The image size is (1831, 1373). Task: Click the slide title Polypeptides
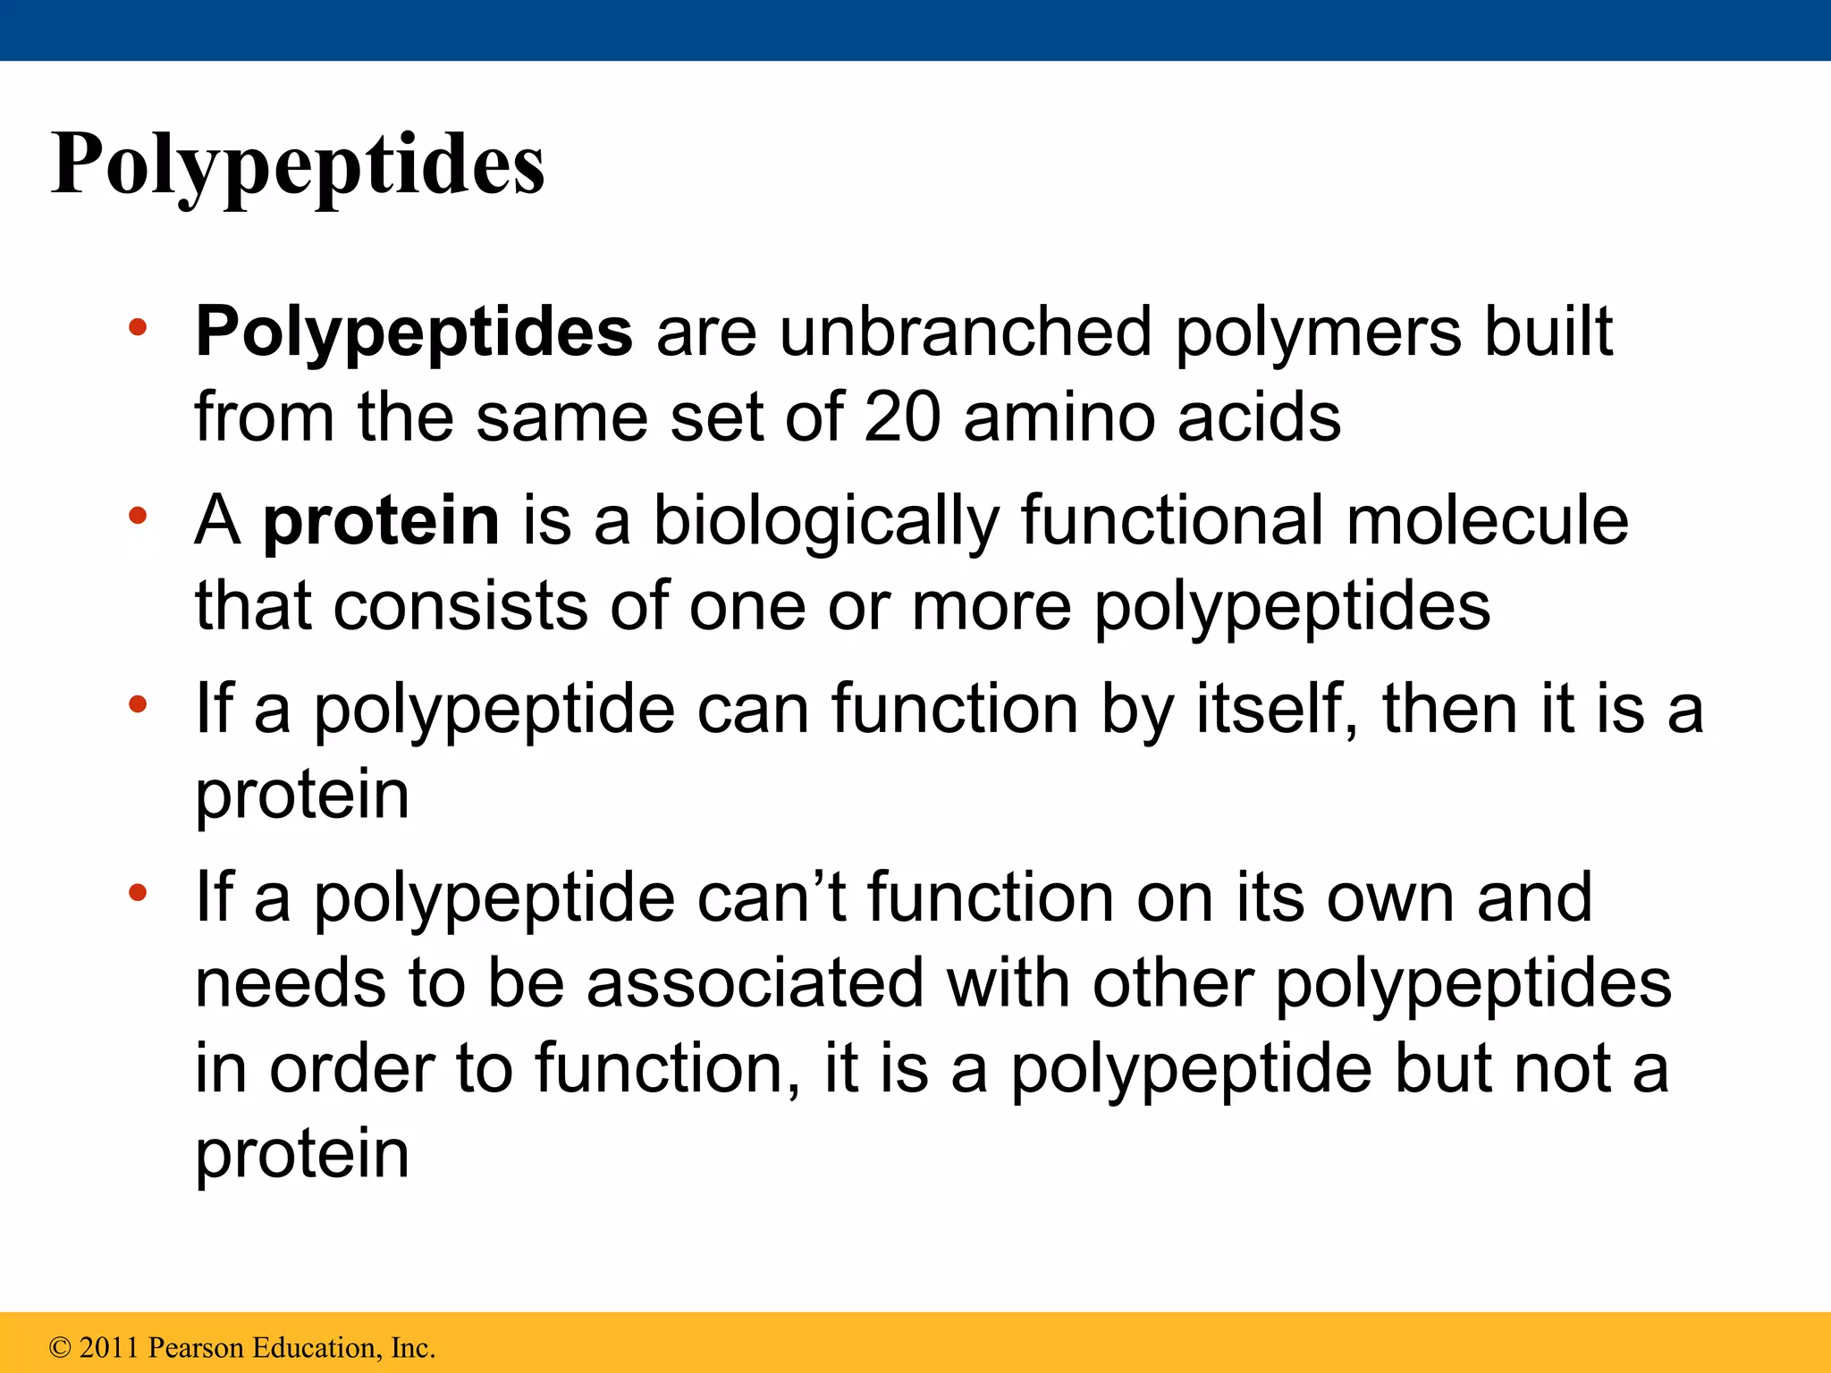298,166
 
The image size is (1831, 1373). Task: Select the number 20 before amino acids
902,417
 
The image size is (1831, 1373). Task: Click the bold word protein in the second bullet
381,521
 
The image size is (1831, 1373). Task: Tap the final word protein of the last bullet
302,1154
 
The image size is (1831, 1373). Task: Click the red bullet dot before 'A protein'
138,516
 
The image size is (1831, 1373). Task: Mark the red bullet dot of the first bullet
138,327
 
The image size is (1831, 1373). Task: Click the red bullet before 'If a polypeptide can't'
138,893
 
